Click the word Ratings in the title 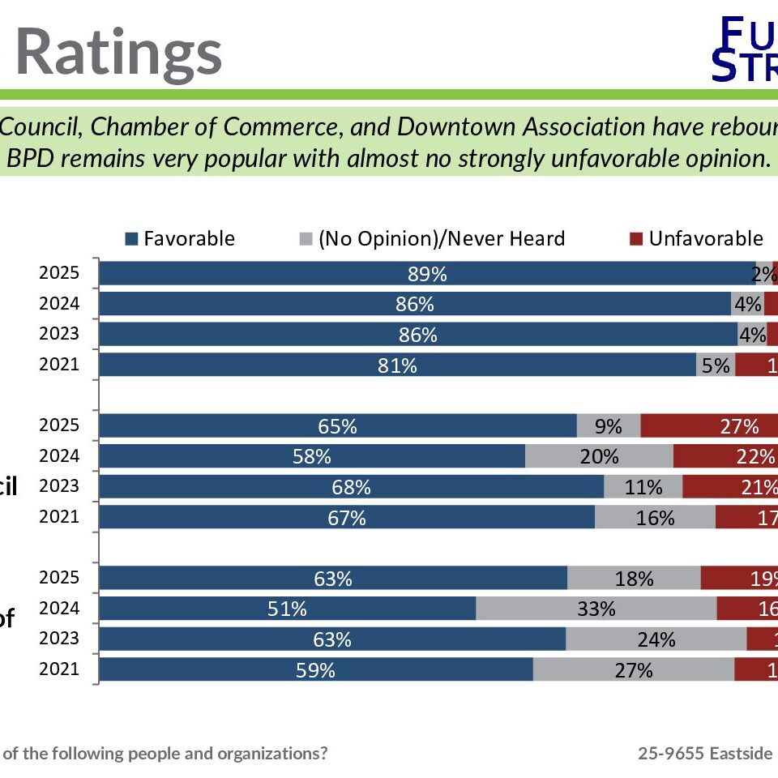[x=118, y=53]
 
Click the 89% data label [x=427, y=274]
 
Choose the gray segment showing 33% [x=596, y=609]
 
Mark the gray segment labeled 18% [x=634, y=579]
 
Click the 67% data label [x=346, y=518]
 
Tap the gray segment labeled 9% [x=608, y=426]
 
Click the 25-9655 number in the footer [x=670, y=753]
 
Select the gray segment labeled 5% [x=716, y=365]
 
